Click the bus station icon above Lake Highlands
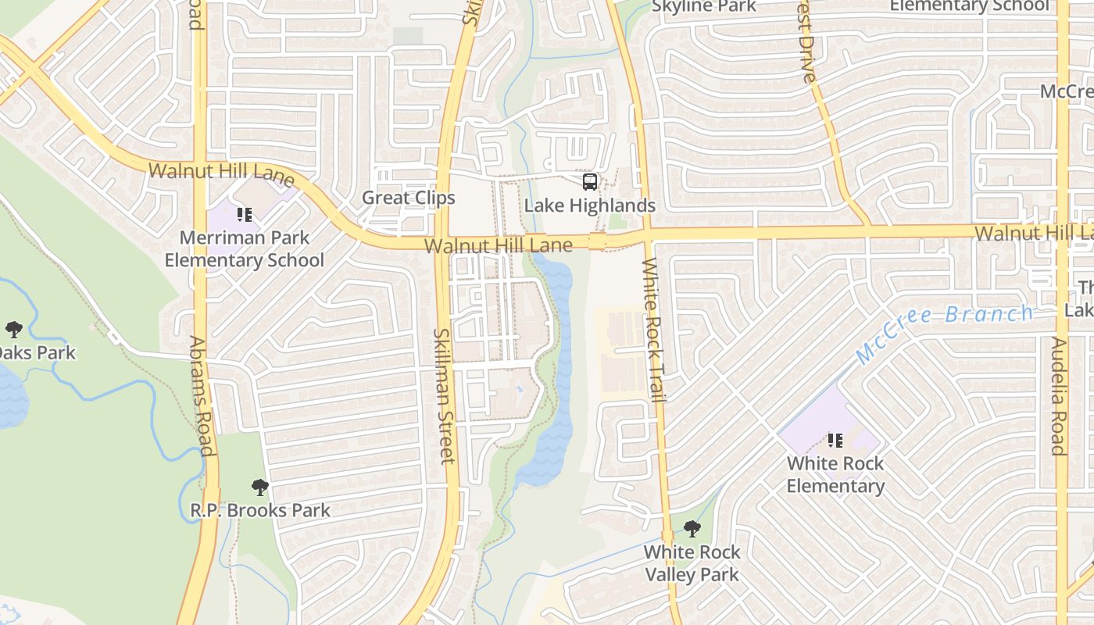click(590, 182)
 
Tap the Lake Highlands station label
click(589, 205)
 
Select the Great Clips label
click(408, 198)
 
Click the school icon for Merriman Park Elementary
click(244, 214)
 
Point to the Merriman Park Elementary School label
click(244, 248)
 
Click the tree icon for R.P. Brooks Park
click(260, 488)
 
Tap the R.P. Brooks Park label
click(260, 510)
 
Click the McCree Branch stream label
click(943, 334)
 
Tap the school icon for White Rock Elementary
click(835, 441)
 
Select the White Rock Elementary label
click(835, 474)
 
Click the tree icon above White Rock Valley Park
click(692, 529)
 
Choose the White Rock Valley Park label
click(692, 563)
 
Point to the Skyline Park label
click(704, 7)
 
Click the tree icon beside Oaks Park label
click(13, 329)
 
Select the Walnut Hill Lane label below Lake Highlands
click(498, 246)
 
